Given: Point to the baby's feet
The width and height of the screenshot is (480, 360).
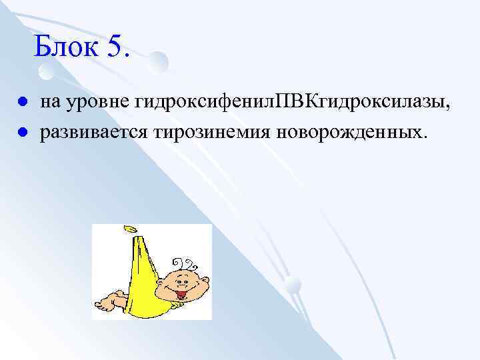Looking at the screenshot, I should (107, 303).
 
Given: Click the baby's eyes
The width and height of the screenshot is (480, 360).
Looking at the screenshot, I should (181, 277).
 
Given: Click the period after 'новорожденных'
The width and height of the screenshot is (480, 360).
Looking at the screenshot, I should (421, 135).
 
